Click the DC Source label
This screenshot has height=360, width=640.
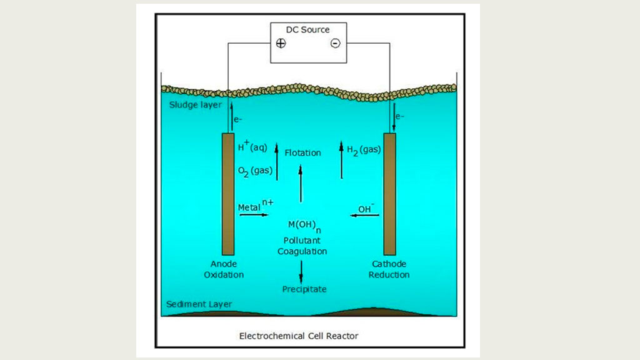point(307,29)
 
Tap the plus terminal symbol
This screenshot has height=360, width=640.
point(281,43)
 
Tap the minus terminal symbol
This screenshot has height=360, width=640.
point(335,43)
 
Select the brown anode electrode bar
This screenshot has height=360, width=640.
point(228,194)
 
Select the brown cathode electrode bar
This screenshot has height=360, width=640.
point(389,194)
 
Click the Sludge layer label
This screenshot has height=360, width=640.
point(195,104)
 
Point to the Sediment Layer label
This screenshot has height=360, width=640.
point(199,304)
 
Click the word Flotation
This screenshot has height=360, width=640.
point(302,152)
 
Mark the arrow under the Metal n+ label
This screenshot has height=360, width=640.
point(252,215)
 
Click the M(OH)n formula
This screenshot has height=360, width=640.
point(303,226)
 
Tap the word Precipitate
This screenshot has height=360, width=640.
point(304,289)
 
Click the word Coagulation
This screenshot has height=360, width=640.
point(302,251)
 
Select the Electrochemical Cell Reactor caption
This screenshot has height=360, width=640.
point(299,336)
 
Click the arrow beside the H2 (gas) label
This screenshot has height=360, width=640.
point(341,159)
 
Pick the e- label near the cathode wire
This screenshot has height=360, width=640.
point(401,116)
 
